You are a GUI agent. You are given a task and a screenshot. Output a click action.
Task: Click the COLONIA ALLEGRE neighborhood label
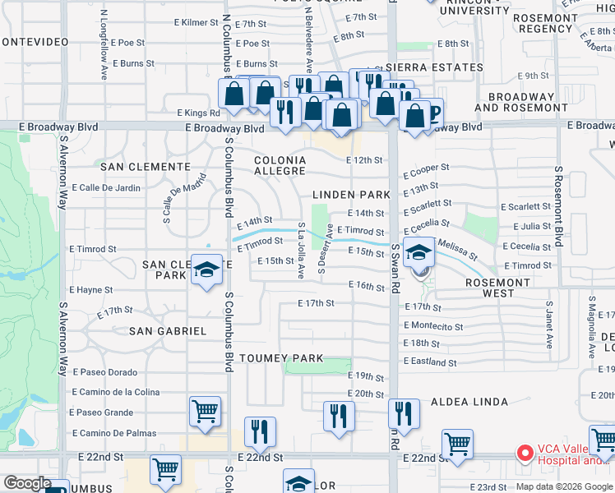coord(280,165)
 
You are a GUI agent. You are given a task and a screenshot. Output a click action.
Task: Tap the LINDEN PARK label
coord(351,195)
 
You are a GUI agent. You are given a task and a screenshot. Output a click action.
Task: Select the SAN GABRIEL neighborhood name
coord(168,330)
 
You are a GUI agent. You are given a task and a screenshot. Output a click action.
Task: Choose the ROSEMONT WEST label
coord(497,287)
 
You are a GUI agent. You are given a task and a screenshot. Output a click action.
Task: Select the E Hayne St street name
coord(91,290)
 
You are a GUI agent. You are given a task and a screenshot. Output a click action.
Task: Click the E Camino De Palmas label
coord(114,433)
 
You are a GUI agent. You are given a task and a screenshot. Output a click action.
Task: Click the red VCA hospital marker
coord(524,453)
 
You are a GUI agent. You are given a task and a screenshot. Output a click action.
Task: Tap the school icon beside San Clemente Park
coord(206,270)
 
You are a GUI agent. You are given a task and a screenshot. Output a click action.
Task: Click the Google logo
coord(28,483)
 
